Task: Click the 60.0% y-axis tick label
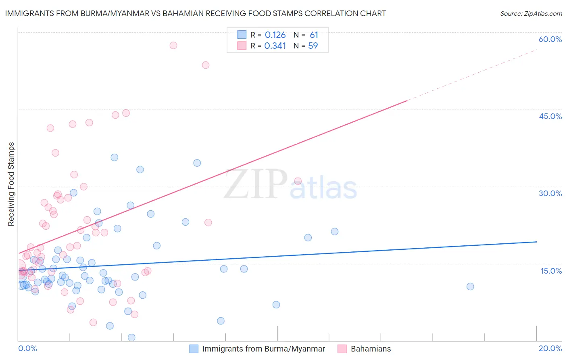550,39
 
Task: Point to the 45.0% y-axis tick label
550,116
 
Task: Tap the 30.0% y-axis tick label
550,193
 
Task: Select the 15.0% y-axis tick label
551,271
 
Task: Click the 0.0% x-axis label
27,348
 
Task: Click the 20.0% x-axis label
550,348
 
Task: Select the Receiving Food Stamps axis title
11,184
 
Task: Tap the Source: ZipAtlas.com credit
531,13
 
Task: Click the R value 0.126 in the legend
275,35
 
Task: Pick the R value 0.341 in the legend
275,46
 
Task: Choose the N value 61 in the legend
314,35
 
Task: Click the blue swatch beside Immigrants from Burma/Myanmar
194,349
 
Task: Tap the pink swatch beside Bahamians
342,349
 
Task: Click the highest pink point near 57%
173,45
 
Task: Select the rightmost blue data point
470,287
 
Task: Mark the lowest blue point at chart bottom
131,337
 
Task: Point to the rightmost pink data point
298,181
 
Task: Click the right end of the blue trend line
536,242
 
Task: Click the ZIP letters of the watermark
256,184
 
